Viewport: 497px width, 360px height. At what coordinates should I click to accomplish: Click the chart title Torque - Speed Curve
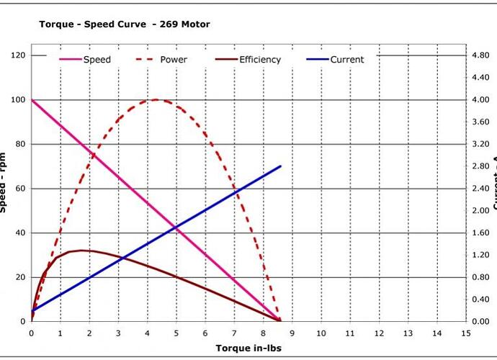click(x=124, y=24)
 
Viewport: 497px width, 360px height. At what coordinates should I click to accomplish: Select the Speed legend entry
click(x=97, y=60)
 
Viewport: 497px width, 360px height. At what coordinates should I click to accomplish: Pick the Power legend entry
click(x=173, y=60)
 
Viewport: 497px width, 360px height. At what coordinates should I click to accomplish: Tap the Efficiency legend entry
click(x=259, y=60)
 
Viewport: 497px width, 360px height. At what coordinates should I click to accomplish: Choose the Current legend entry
click(x=346, y=60)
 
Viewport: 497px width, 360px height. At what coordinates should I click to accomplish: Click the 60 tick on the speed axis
click(x=19, y=189)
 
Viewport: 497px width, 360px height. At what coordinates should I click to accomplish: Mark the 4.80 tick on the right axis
click(x=480, y=55)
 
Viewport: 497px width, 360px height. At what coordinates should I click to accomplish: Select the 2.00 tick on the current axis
click(x=480, y=211)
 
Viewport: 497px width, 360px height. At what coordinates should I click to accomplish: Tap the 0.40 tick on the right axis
click(x=480, y=300)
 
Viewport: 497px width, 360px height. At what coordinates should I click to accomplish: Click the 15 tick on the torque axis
click(x=466, y=333)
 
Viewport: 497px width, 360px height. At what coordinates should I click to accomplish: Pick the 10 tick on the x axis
click(x=321, y=333)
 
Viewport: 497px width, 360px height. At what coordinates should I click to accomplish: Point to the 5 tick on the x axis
click(x=176, y=333)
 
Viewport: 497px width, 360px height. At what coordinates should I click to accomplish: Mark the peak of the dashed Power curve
click(x=157, y=100)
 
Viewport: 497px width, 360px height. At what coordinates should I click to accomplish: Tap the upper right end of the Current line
click(x=281, y=166)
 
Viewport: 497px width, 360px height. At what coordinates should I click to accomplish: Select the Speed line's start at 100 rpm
click(x=32, y=100)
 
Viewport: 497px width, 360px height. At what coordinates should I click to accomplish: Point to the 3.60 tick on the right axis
click(x=480, y=122)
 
